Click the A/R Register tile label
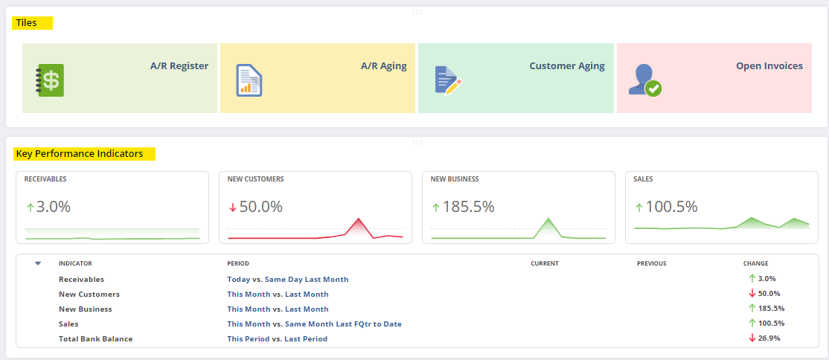click(x=179, y=66)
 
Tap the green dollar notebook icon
click(x=50, y=80)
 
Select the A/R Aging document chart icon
click(x=249, y=80)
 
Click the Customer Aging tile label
click(x=566, y=66)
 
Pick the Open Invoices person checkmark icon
click(x=644, y=80)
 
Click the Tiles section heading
click(x=27, y=23)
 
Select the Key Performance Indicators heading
click(x=79, y=154)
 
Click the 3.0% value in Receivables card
click(x=53, y=207)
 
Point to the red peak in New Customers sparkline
click(x=359, y=221)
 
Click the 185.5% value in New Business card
click(x=468, y=207)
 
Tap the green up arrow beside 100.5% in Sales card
click(x=638, y=207)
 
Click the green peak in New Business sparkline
click(x=548, y=221)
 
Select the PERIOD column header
click(x=238, y=263)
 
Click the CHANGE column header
click(x=755, y=263)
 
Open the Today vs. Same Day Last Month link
click(x=287, y=280)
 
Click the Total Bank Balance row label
click(x=95, y=339)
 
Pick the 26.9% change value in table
click(x=769, y=338)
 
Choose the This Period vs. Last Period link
click(x=277, y=339)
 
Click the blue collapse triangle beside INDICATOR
click(x=38, y=263)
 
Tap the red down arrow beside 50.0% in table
click(x=752, y=294)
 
